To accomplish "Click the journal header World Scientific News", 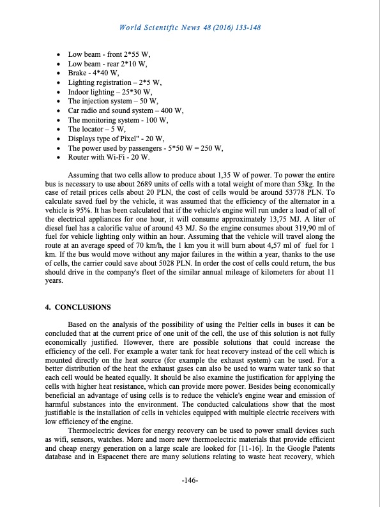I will click(x=190, y=28).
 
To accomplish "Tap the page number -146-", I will click(x=190, y=480).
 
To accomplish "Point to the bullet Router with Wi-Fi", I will click(x=109, y=157).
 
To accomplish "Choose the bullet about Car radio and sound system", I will click(x=125, y=110).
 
